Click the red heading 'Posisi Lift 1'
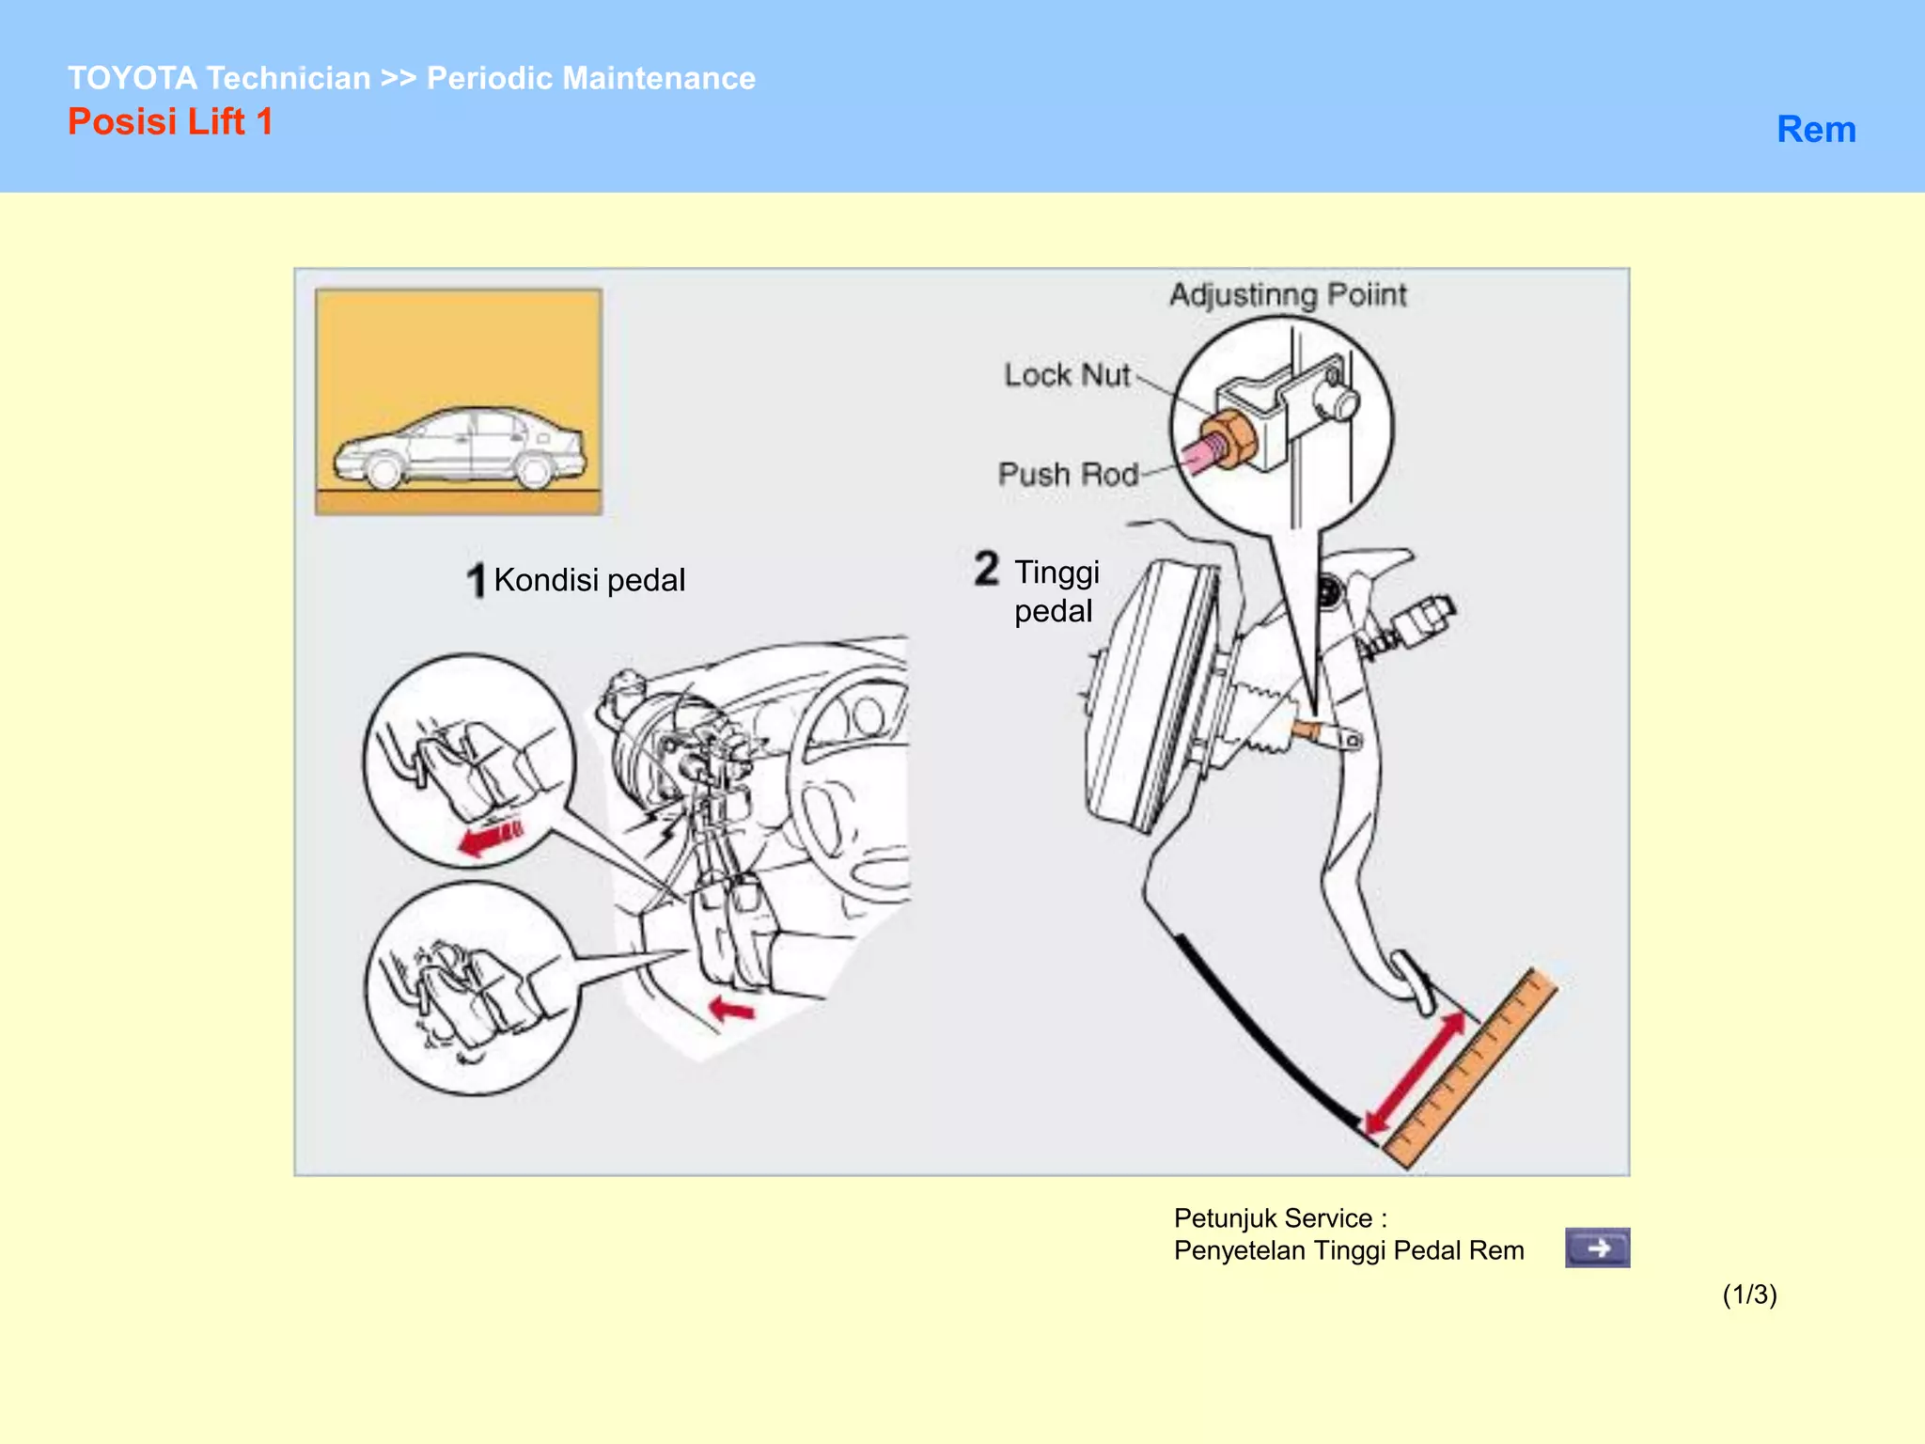click(170, 122)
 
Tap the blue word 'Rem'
click(1815, 130)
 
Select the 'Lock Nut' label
click(1066, 375)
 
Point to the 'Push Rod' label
click(1068, 474)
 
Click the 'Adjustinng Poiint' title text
click(1287, 295)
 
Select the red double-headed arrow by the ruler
click(1416, 1072)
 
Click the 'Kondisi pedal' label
click(588, 580)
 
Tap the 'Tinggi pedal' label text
click(1056, 591)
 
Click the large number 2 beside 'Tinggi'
click(986, 569)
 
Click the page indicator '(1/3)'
click(1748, 1295)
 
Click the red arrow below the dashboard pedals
click(731, 1011)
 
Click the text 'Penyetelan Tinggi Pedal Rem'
click(1348, 1250)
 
